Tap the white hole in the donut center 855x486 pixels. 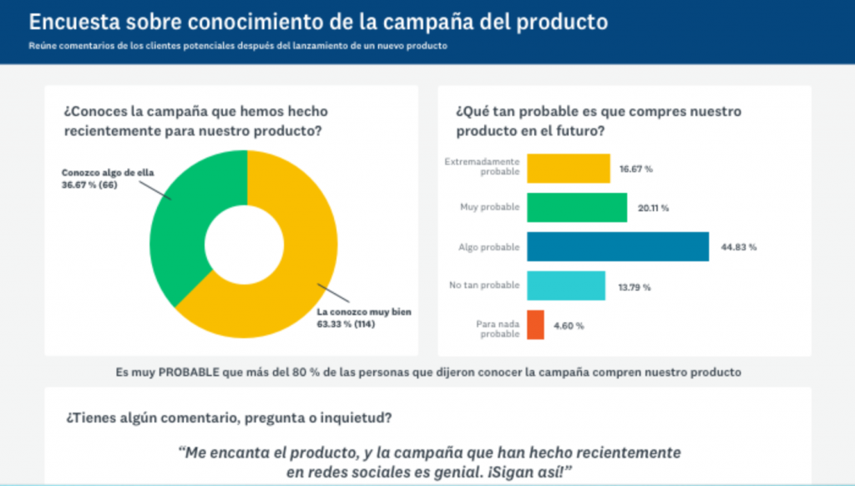[x=246, y=242]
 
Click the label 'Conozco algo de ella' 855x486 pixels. [x=95, y=173]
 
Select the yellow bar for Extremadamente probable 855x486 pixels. [x=568, y=168]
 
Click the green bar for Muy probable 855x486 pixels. [x=576, y=207]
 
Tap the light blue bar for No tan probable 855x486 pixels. [x=565, y=286]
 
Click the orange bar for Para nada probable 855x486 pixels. [x=535, y=325]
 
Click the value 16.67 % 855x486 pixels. [x=635, y=169]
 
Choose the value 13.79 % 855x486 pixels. [x=634, y=287]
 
